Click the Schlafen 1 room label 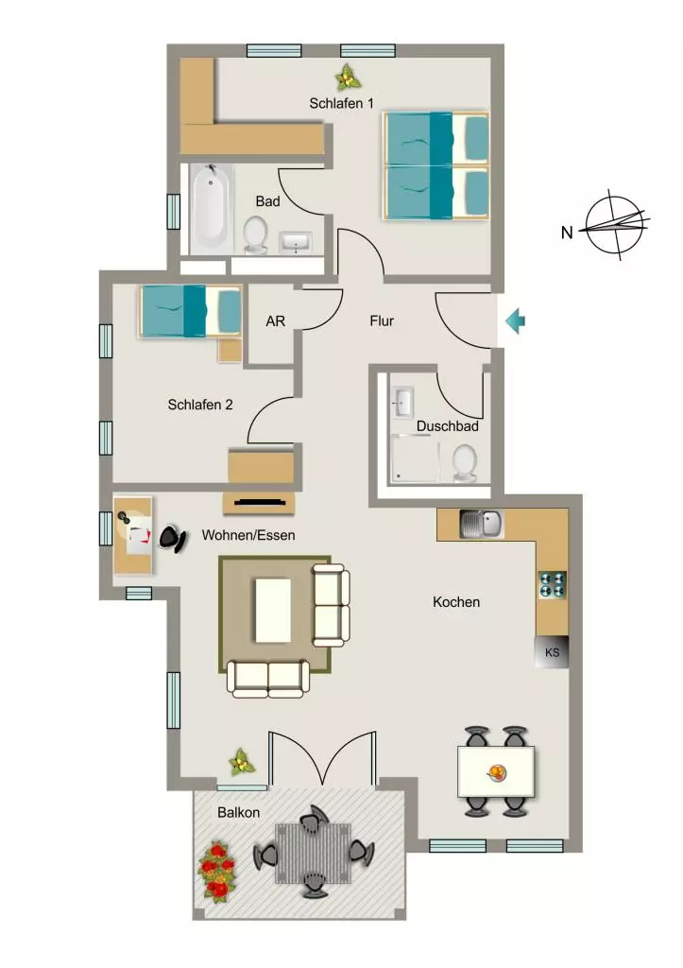coord(341,103)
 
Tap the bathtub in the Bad coord(209,208)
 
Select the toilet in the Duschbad coord(464,464)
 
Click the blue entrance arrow coord(515,321)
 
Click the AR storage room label coord(275,321)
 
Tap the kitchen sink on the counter coord(481,525)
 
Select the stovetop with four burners coord(553,584)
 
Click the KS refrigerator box coord(552,652)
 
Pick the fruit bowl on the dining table coord(496,772)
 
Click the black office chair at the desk coord(174,538)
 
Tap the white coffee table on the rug coord(273,610)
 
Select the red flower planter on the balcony coord(217,871)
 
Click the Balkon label coord(238,812)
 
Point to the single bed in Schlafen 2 coord(191,312)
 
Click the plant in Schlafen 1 coord(348,77)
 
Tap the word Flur coord(382,321)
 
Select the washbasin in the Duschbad coord(401,403)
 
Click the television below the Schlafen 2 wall coord(259,503)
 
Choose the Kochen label coord(456,602)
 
